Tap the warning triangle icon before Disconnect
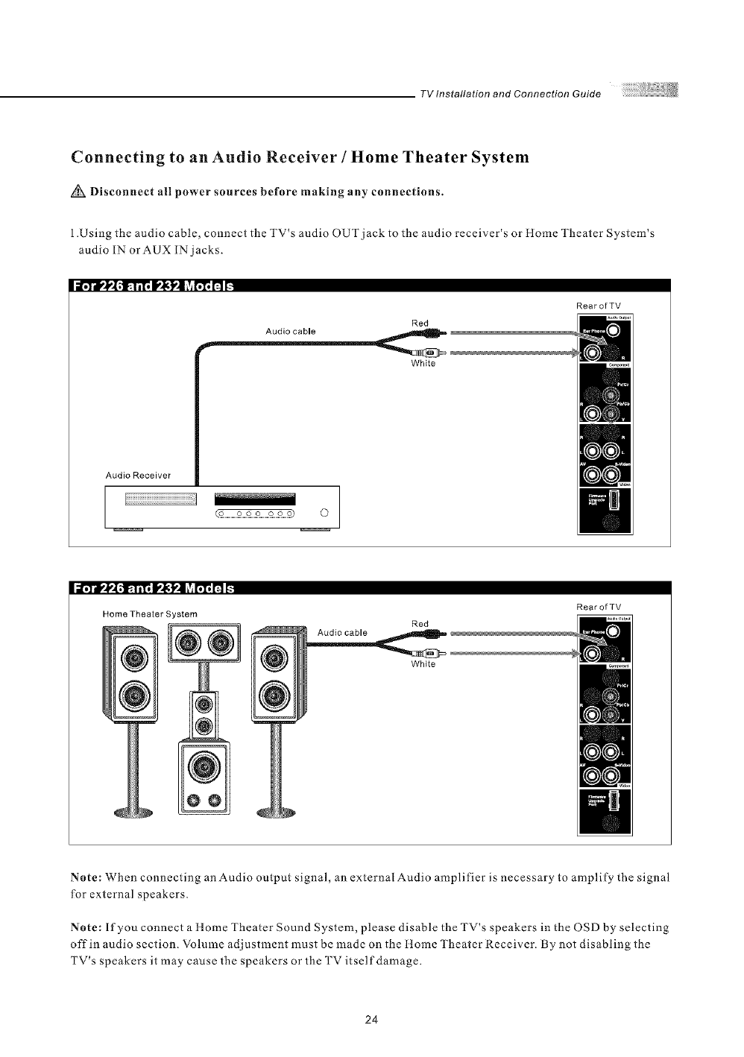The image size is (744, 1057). pos(78,191)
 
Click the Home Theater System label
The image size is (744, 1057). pos(150,613)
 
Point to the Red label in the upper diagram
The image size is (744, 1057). pos(420,323)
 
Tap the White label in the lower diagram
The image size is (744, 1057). pos(423,665)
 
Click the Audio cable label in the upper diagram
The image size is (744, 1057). pos(290,330)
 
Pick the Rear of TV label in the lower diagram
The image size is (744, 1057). pos(599,606)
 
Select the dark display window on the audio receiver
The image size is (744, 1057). pos(254,499)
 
